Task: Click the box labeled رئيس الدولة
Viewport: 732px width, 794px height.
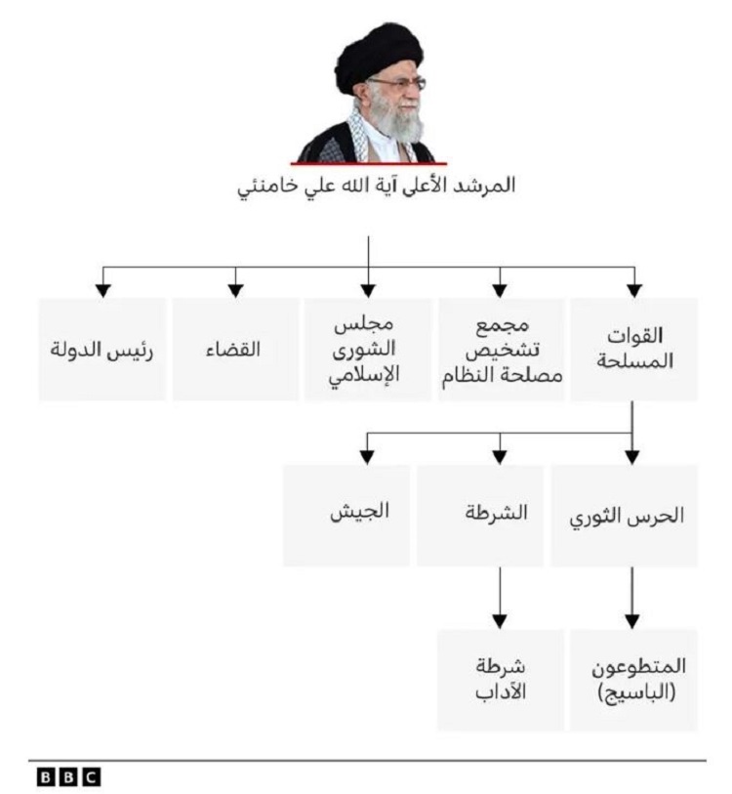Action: pos(102,350)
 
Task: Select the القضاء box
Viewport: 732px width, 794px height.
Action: pos(235,350)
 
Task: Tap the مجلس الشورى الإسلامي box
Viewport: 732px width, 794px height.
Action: pos(368,350)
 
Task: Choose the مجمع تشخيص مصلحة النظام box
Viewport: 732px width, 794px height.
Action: pos(501,350)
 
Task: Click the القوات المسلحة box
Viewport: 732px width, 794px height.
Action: pos(633,350)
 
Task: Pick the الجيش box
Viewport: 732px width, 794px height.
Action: pos(346,516)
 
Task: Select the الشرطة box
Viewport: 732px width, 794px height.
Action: pos(480,516)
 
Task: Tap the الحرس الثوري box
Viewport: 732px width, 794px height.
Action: pos(625,516)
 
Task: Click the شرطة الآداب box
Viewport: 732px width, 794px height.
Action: pos(500,680)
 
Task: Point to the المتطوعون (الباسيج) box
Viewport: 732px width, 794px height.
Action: pos(633,680)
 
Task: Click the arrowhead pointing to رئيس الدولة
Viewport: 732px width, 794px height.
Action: pos(102,291)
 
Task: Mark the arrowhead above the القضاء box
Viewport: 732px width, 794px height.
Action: pos(235,291)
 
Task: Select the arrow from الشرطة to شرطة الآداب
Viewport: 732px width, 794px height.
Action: pos(500,598)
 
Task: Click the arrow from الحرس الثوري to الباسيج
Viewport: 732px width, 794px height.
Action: pos(631,598)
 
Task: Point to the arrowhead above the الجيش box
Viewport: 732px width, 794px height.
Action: pos(367,457)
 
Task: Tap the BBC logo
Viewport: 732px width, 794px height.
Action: pos(68,776)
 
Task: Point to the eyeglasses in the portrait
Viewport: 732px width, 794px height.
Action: pos(399,84)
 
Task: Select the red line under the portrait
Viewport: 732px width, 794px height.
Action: pos(369,163)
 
